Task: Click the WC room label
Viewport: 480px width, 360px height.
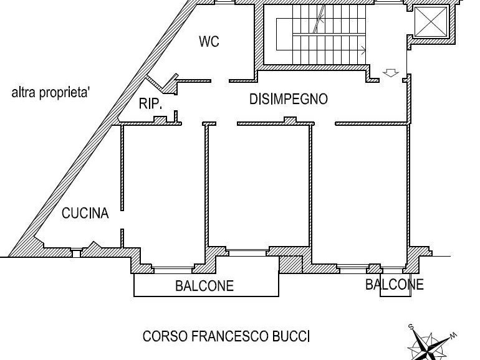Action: [x=209, y=42]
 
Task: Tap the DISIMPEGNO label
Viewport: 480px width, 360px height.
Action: [x=288, y=99]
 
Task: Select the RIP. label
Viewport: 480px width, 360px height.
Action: [x=150, y=104]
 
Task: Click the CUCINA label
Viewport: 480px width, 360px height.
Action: [x=85, y=214]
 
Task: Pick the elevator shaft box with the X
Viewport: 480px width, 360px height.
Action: [x=431, y=22]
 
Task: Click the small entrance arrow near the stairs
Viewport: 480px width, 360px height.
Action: [x=391, y=73]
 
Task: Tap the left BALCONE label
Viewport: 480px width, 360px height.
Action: [x=204, y=287]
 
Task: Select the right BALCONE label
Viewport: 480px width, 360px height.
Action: [x=394, y=285]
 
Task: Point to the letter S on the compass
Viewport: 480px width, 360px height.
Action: [x=411, y=327]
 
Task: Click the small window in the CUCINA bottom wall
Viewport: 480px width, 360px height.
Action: [x=75, y=252]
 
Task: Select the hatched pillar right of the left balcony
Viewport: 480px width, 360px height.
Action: [x=289, y=264]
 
